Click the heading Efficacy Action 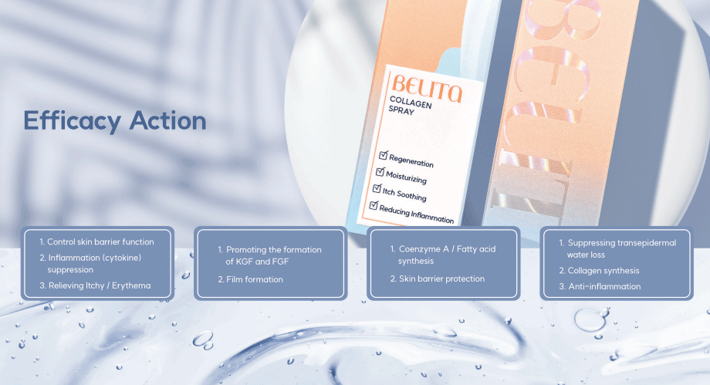pyautogui.click(x=114, y=120)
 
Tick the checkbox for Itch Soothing pyautogui.click(x=377, y=188)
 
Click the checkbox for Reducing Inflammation pyautogui.click(x=374, y=205)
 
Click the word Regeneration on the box pyautogui.click(x=411, y=161)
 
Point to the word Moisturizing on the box pyautogui.click(x=406, y=177)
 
